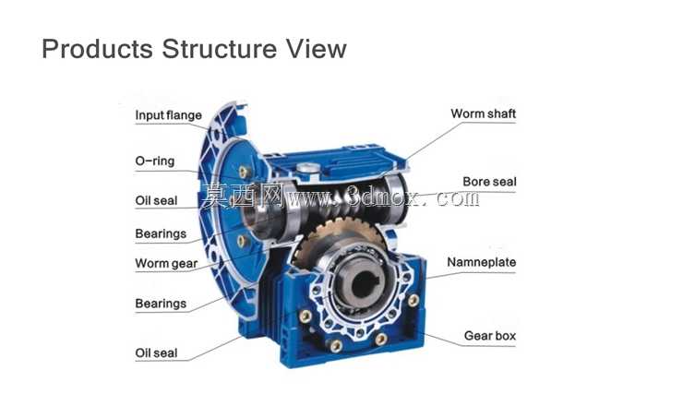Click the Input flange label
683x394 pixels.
(x=168, y=115)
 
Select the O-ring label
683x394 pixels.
(x=155, y=161)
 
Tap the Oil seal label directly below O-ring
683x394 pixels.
(x=156, y=201)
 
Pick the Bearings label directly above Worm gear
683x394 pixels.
(x=161, y=233)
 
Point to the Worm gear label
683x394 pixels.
(x=166, y=263)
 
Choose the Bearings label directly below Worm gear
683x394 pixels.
(x=161, y=304)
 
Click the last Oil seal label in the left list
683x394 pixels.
(x=156, y=353)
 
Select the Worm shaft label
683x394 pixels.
(x=483, y=113)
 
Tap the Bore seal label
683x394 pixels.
(x=489, y=182)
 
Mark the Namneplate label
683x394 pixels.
(x=481, y=262)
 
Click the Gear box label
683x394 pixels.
(x=489, y=336)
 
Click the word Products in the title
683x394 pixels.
(x=97, y=48)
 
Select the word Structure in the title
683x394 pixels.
(x=219, y=48)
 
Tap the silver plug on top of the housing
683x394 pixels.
(x=308, y=168)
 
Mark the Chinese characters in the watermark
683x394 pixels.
(x=243, y=196)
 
